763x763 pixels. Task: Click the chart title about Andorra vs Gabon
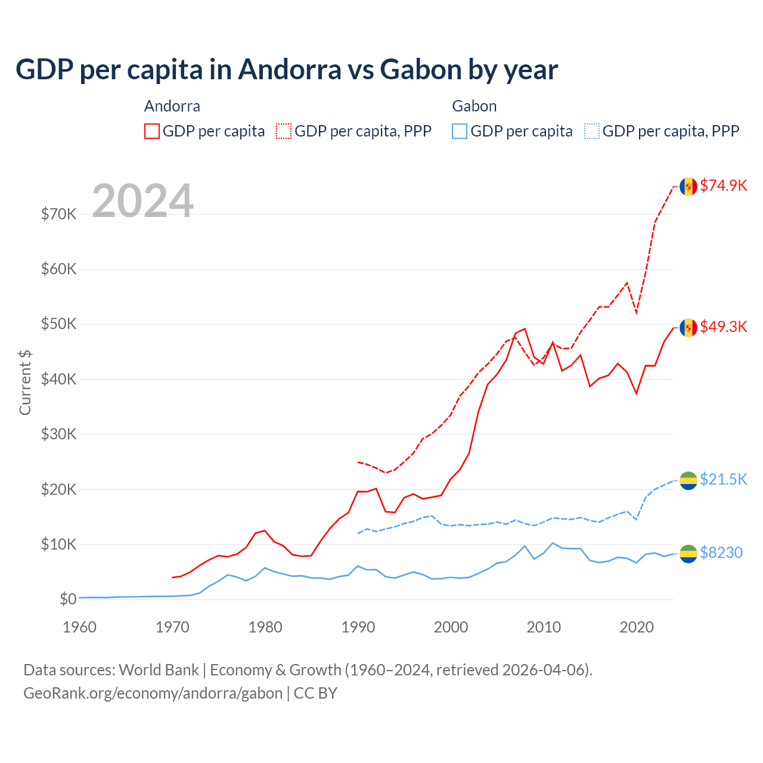[x=286, y=70]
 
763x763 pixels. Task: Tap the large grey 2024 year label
[x=142, y=201]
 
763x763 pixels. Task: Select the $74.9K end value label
[x=723, y=185]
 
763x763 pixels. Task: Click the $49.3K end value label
[x=723, y=327]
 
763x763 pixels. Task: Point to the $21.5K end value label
[x=723, y=479]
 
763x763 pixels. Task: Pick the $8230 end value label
[x=721, y=553]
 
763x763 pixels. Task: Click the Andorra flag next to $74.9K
[x=688, y=187]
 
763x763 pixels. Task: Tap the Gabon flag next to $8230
[x=688, y=554]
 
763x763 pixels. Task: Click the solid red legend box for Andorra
[x=152, y=131]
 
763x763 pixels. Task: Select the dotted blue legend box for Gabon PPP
[x=592, y=131]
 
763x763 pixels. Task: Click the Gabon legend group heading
[x=474, y=106]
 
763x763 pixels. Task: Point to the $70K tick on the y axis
[x=58, y=214]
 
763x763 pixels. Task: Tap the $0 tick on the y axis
[x=68, y=599]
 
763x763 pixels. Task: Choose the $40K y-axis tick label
[x=58, y=379]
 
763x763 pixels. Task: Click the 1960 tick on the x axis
[x=79, y=627]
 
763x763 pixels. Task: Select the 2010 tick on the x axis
[x=544, y=627]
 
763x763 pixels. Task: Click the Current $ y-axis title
[x=25, y=383]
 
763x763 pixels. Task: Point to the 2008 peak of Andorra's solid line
[x=525, y=328]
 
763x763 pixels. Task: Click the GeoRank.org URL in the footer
[x=153, y=693]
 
